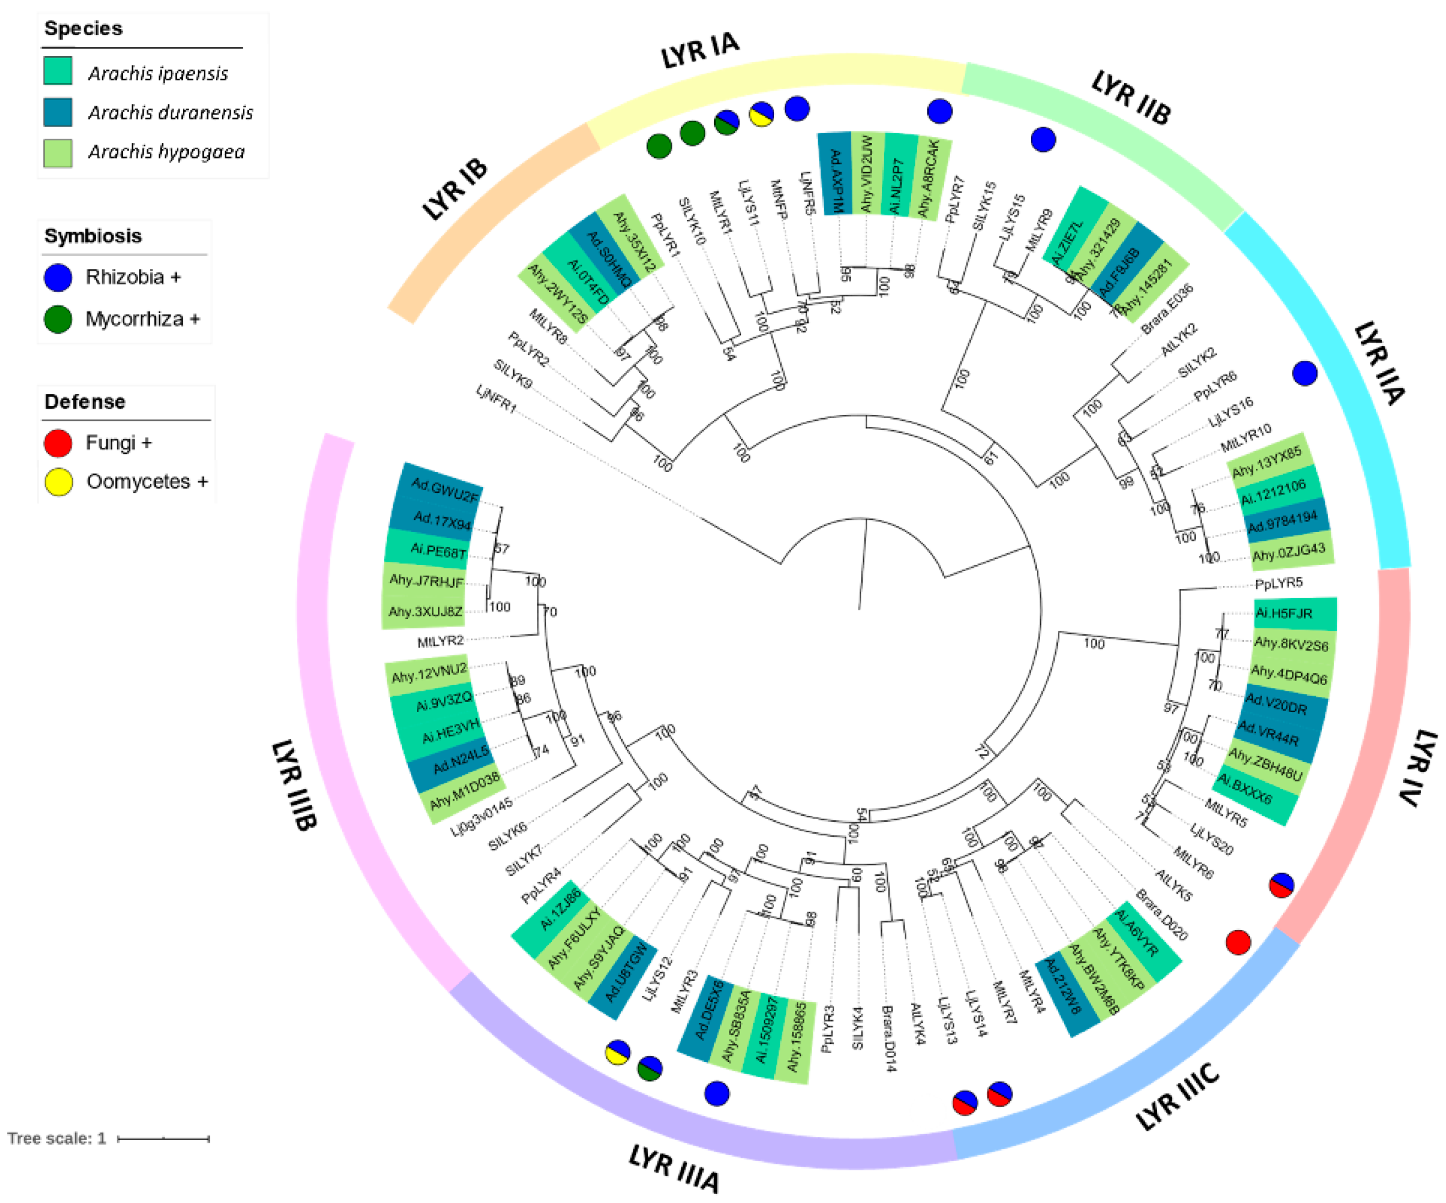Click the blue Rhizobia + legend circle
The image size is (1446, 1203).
tap(58, 278)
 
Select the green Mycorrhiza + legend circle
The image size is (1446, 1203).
tap(58, 319)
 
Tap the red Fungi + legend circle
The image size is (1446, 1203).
tap(58, 443)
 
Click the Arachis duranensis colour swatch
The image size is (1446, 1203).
tap(58, 112)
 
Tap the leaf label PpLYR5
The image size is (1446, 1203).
tap(1279, 583)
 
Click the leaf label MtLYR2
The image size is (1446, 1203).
tap(441, 642)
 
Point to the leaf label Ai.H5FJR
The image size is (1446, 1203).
tap(1284, 614)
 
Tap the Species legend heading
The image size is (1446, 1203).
tap(83, 28)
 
